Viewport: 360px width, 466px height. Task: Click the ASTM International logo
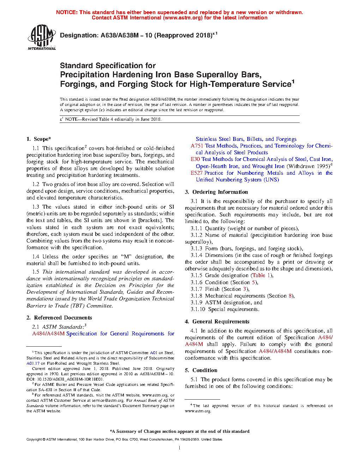pos(42,37)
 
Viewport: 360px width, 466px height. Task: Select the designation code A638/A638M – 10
pos(126,35)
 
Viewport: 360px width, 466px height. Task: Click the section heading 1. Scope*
pos(39,139)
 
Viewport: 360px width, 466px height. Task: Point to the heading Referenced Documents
pos(63,318)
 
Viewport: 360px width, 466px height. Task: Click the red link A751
pos(197,146)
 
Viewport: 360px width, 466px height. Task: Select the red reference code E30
pos(195,159)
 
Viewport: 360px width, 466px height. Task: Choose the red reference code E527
pos(197,173)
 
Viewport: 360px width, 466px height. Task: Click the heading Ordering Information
pos(220,192)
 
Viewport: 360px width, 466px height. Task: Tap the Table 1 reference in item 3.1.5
pos(261,275)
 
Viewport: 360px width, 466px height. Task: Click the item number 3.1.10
pos(198,309)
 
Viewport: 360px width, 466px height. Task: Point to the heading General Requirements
pos(221,322)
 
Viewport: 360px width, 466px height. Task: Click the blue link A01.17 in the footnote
pos(33,363)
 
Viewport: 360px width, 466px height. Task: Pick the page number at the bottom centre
pos(180,448)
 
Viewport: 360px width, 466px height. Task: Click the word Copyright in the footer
pos(34,440)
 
